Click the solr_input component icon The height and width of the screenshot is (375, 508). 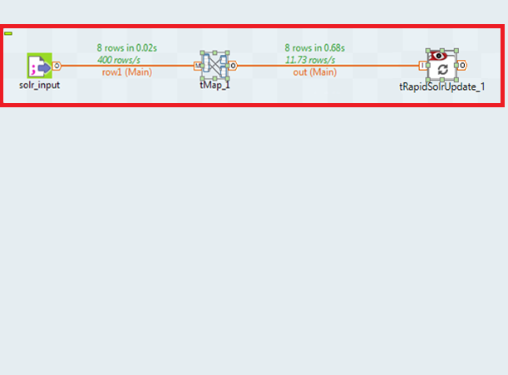tap(39, 67)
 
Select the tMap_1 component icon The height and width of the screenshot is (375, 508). tap(216, 66)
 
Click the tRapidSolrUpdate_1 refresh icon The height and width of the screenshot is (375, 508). tap(442, 69)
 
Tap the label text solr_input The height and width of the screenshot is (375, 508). tap(39, 85)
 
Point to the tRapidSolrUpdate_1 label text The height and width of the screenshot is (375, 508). tap(441, 86)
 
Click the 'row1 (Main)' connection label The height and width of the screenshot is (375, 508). tap(126, 72)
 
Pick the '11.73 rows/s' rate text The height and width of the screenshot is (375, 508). tap(310, 60)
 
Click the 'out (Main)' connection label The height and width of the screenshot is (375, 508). tap(314, 72)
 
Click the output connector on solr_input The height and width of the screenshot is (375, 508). tap(57, 66)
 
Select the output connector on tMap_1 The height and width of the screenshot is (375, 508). tap(234, 66)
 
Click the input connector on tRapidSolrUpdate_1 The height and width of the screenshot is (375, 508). tap(423, 66)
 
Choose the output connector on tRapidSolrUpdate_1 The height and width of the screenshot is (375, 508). tap(461, 66)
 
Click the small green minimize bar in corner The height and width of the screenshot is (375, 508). tap(7, 33)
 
